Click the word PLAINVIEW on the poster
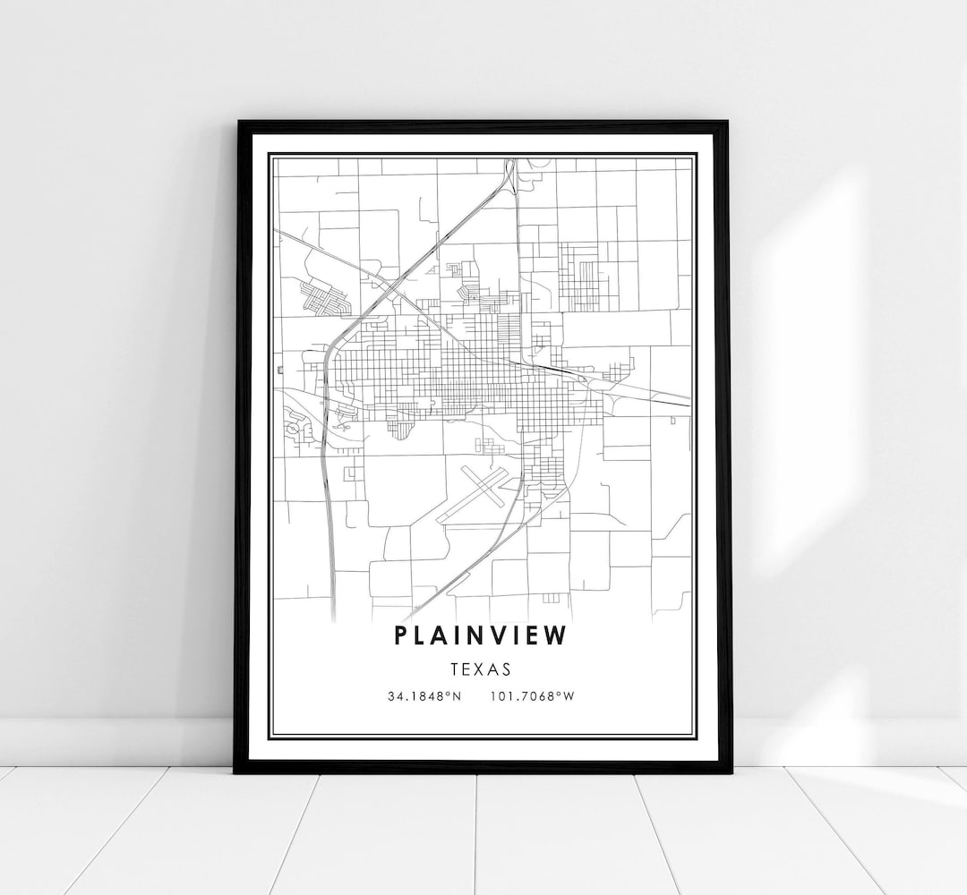(x=480, y=635)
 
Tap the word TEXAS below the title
(x=481, y=668)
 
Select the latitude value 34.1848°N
(x=424, y=695)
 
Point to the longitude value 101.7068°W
(x=532, y=695)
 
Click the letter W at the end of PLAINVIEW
(x=558, y=635)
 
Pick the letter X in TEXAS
(x=481, y=668)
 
